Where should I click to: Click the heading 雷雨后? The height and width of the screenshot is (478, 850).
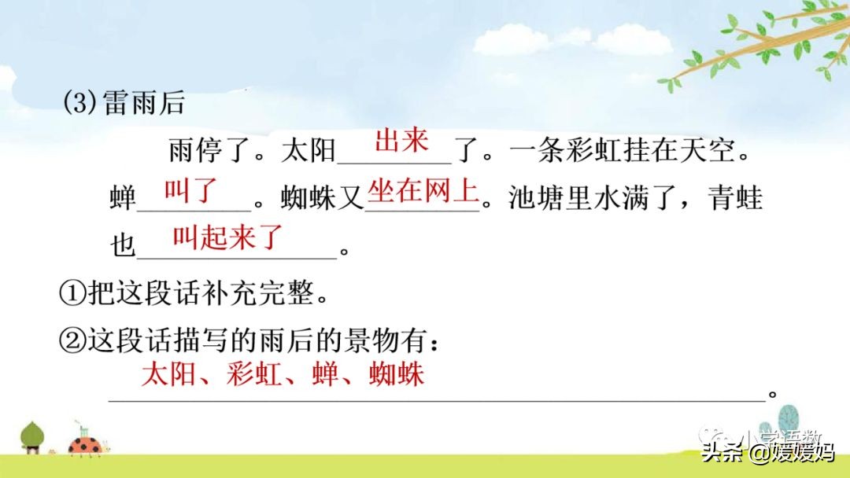(x=144, y=102)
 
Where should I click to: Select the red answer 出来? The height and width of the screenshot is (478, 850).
(x=401, y=142)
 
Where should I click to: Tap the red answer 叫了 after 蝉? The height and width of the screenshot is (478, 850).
(x=190, y=190)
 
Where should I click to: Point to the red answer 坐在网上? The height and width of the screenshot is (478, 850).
(x=423, y=190)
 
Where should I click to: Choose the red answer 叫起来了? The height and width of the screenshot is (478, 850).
(x=228, y=237)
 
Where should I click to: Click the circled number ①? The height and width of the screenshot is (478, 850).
(x=72, y=293)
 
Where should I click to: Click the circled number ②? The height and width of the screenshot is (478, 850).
(x=72, y=341)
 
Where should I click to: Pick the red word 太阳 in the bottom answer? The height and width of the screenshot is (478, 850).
(x=168, y=374)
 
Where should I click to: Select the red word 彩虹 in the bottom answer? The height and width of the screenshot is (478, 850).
(x=254, y=374)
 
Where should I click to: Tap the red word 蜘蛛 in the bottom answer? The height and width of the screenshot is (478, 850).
(x=396, y=374)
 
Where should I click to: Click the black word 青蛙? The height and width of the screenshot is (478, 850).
(x=735, y=197)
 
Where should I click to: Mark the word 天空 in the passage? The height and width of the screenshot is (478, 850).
(x=708, y=150)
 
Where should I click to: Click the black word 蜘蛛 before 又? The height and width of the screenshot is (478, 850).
(x=308, y=197)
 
